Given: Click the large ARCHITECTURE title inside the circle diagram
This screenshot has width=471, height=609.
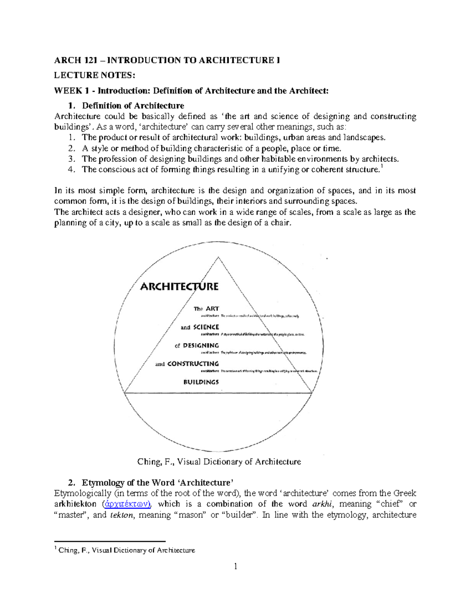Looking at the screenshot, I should (179, 287).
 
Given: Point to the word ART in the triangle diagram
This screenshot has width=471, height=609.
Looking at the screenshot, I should (212, 309).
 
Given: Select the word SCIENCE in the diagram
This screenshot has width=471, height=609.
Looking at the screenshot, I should (206, 327).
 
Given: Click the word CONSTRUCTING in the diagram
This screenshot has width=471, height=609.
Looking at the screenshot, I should (193, 364).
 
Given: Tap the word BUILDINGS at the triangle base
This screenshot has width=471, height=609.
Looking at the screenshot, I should (201, 382).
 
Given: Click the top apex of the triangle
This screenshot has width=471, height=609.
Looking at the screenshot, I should (218, 258).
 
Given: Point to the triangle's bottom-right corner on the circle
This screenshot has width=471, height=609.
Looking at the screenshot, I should (312, 393).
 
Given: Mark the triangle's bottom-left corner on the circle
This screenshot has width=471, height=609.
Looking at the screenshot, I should (124, 393).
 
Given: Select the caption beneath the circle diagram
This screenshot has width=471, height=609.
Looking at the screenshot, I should (219, 462).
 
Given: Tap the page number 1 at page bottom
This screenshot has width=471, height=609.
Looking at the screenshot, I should (235, 566).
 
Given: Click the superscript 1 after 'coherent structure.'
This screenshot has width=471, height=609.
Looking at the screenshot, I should (382, 167).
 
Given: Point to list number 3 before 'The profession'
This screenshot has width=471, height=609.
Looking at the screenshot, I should (71, 159).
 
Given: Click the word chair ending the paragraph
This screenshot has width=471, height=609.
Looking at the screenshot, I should (282, 223).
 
